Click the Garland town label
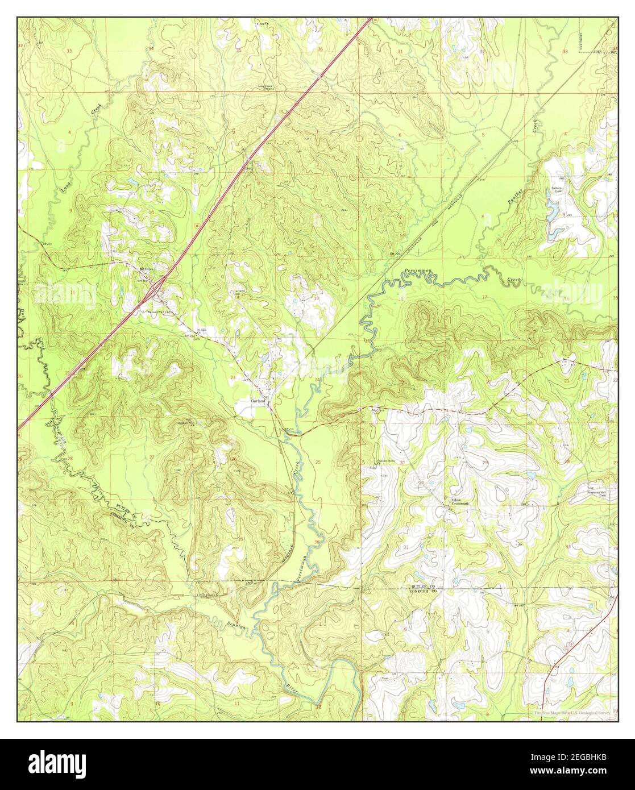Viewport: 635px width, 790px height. click(258, 400)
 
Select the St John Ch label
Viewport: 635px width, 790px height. click(201, 330)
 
